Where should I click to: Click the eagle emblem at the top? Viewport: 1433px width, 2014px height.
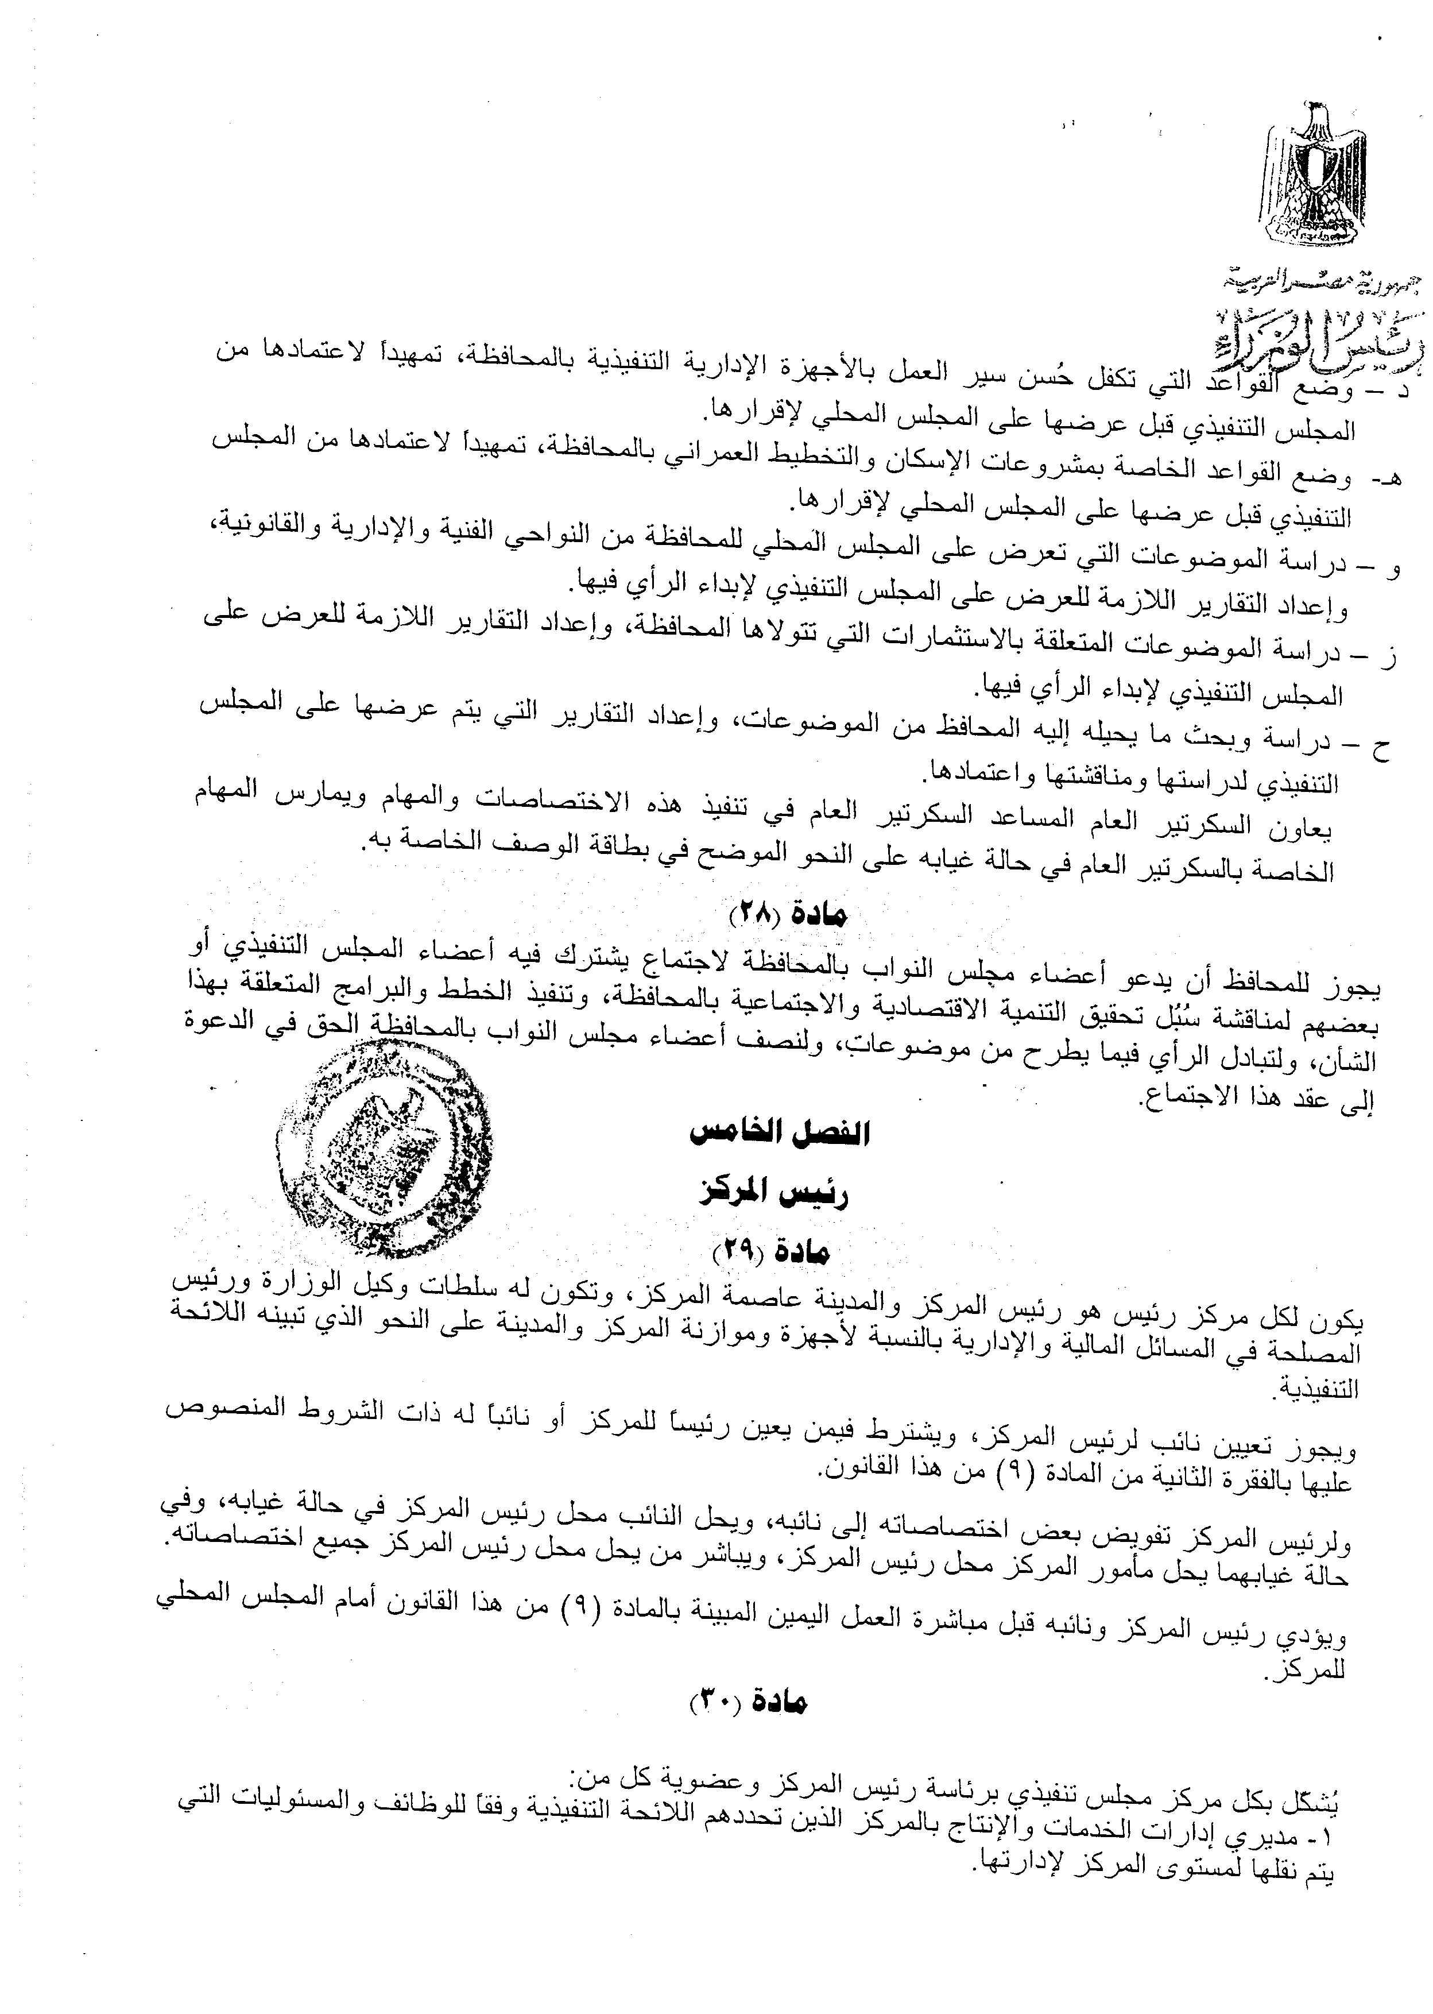coord(1315,176)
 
